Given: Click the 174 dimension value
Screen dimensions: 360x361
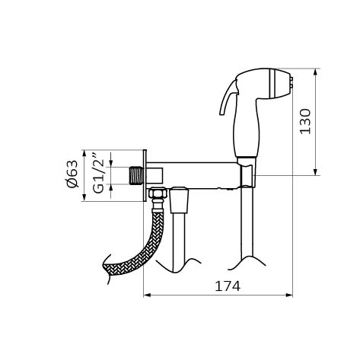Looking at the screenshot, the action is point(228,286).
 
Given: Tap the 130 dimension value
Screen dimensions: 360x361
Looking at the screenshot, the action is point(304,122).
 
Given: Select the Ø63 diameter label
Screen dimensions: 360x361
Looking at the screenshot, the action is point(72,174).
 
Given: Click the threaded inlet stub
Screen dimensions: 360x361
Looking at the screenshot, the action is point(136,175).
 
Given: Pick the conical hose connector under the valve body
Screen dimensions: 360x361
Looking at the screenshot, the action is point(180,200).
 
